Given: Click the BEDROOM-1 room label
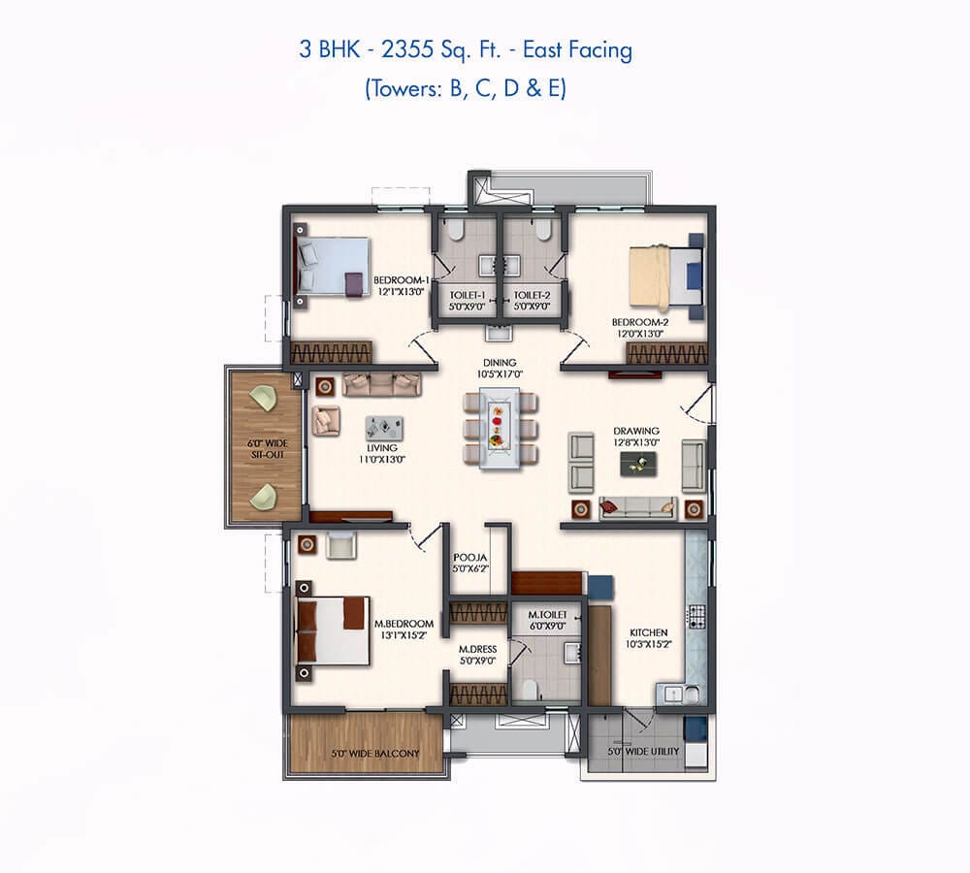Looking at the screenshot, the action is click(x=401, y=280).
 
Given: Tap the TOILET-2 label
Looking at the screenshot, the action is click(x=532, y=296).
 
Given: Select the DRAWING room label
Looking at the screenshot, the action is click(x=636, y=431).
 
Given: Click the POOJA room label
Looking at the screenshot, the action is click(x=470, y=558).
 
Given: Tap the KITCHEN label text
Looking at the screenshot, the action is click(x=648, y=632).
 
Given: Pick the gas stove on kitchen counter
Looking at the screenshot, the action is click(x=697, y=616).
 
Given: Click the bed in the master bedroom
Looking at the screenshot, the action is click(x=333, y=631).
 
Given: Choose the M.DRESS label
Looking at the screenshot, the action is click(x=477, y=649).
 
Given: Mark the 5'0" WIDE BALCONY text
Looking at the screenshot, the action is click(x=375, y=754).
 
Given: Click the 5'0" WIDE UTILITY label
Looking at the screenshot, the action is click(x=643, y=751).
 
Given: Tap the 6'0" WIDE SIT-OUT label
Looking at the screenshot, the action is click(x=268, y=449).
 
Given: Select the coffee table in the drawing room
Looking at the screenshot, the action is click(x=639, y=464).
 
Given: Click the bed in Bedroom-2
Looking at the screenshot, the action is click(x=665, y=277).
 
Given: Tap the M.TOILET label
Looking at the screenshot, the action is click(x=547, y=615).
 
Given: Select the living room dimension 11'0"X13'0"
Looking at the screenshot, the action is click(x=382, y=460).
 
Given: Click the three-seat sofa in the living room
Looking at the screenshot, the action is click(x=381, y=384).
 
